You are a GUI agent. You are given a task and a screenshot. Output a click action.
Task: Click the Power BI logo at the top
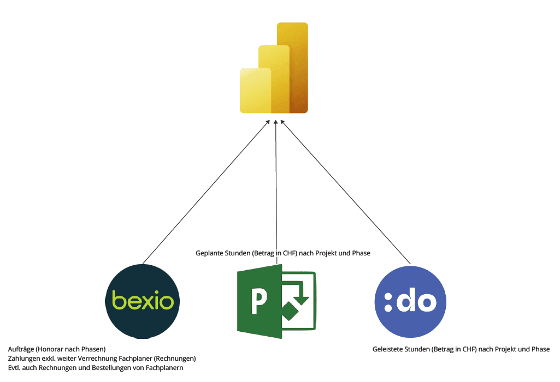click(x=274, y=68)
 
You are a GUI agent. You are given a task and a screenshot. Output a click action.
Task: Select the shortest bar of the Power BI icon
click(x=255, y=90)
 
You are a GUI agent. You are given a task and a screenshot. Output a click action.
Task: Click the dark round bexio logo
click(x=142, y=301)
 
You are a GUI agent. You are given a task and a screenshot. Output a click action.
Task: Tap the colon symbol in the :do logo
click(x=388, y=302)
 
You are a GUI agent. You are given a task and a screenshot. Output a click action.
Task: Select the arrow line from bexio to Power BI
click(x=205, y=194)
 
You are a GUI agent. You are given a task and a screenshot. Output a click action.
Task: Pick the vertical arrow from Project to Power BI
click(x=276, y=186)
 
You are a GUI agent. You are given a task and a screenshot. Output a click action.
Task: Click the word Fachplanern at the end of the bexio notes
click(x=164, y=368)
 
